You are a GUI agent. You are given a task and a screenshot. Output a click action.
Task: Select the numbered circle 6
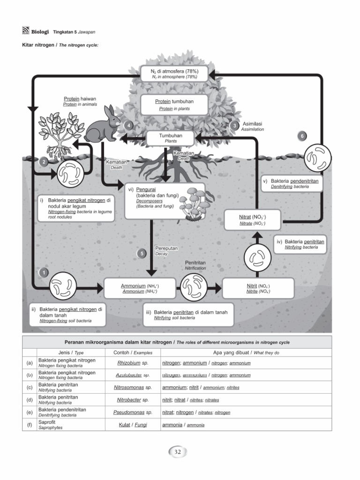tap(302, 136)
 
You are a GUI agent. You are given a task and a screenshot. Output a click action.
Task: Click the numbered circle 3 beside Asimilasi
tap(234, 126)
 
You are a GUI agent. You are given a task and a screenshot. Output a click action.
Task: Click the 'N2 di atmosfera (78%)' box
tap(174, 73)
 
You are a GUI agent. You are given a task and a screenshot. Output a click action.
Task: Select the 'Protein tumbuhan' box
tap(174, 105)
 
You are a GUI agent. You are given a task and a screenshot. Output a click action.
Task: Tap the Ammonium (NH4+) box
tap(140, 288)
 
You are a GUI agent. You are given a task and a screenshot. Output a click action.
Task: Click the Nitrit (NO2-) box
tap(258, 288)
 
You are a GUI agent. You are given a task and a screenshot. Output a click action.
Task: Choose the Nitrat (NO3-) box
tap(252, 220)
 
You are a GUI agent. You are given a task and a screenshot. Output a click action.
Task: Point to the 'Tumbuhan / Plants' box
tap(171, 138)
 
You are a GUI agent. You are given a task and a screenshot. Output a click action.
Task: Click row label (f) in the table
tap(30, 425)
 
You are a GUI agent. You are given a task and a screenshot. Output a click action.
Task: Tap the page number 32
tap(178, 452)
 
